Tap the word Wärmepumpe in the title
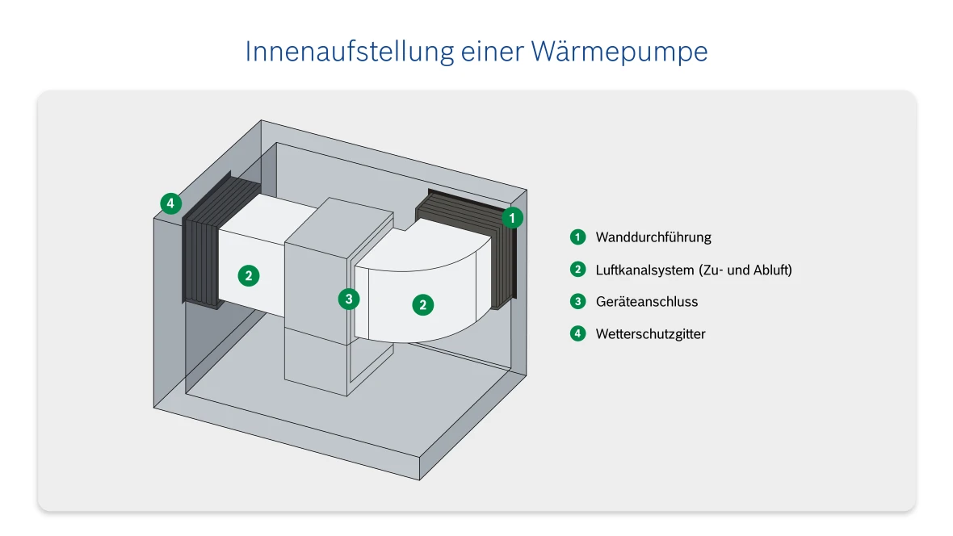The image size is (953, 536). click(x=619, y=52)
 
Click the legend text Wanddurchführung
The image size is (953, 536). click(x=653, y=237)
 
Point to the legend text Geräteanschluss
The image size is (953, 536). click(x=646, y=302)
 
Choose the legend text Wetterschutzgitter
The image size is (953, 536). click(x=650, y=334)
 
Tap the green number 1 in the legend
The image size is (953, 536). click(x=577, y=237)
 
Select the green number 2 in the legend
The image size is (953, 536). click(x=577, y=270)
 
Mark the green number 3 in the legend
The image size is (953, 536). click(x=577, y=302)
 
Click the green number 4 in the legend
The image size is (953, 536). click(x=577, y=333)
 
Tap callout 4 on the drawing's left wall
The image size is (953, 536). click(x=170, y=203)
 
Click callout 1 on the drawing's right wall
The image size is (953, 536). click(x=512, y=217)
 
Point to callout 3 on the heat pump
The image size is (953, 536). click(x=348, y=299)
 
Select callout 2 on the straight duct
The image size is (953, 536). click(x=249, y=275)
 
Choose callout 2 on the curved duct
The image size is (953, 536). click(x=422, y=304)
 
